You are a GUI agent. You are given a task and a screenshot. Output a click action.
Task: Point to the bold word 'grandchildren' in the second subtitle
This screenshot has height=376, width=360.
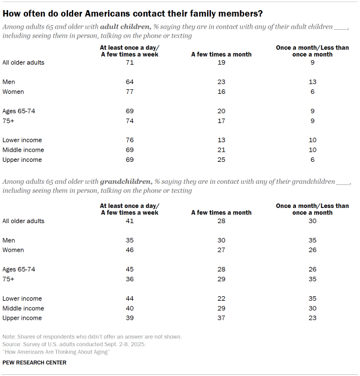125,182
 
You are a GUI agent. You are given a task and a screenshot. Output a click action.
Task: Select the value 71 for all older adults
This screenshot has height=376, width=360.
129,62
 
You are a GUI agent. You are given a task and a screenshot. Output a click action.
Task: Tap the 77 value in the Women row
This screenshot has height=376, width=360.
129,92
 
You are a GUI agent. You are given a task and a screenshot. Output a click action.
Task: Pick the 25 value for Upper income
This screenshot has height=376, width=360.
221,160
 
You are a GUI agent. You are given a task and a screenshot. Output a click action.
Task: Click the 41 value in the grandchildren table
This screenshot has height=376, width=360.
129,221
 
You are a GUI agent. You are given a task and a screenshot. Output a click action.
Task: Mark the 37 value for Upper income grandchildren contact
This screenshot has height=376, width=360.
221,318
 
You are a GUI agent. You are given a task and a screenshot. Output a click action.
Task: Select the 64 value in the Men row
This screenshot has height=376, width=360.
129,82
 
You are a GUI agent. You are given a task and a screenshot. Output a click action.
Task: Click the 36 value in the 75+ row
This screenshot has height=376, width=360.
129,279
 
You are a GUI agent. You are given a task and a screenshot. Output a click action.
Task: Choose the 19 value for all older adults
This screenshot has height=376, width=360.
221,62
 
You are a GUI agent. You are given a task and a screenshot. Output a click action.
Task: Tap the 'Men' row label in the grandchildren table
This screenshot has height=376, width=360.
9,241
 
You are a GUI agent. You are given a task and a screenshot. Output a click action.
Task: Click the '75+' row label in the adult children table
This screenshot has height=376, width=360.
9,121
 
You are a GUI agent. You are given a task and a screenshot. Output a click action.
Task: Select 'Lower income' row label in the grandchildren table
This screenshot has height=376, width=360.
22,299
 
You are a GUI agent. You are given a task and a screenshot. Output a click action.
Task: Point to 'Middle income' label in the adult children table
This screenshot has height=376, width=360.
23,150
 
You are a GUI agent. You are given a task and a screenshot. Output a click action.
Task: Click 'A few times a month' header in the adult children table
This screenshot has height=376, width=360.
221,54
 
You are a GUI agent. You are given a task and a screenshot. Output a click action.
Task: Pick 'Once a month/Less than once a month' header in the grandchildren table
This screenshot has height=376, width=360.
312,209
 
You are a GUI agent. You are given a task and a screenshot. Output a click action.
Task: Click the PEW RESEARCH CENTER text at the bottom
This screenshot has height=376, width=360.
34,363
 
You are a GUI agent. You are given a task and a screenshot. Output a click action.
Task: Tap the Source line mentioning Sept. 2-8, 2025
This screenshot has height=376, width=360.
74,344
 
